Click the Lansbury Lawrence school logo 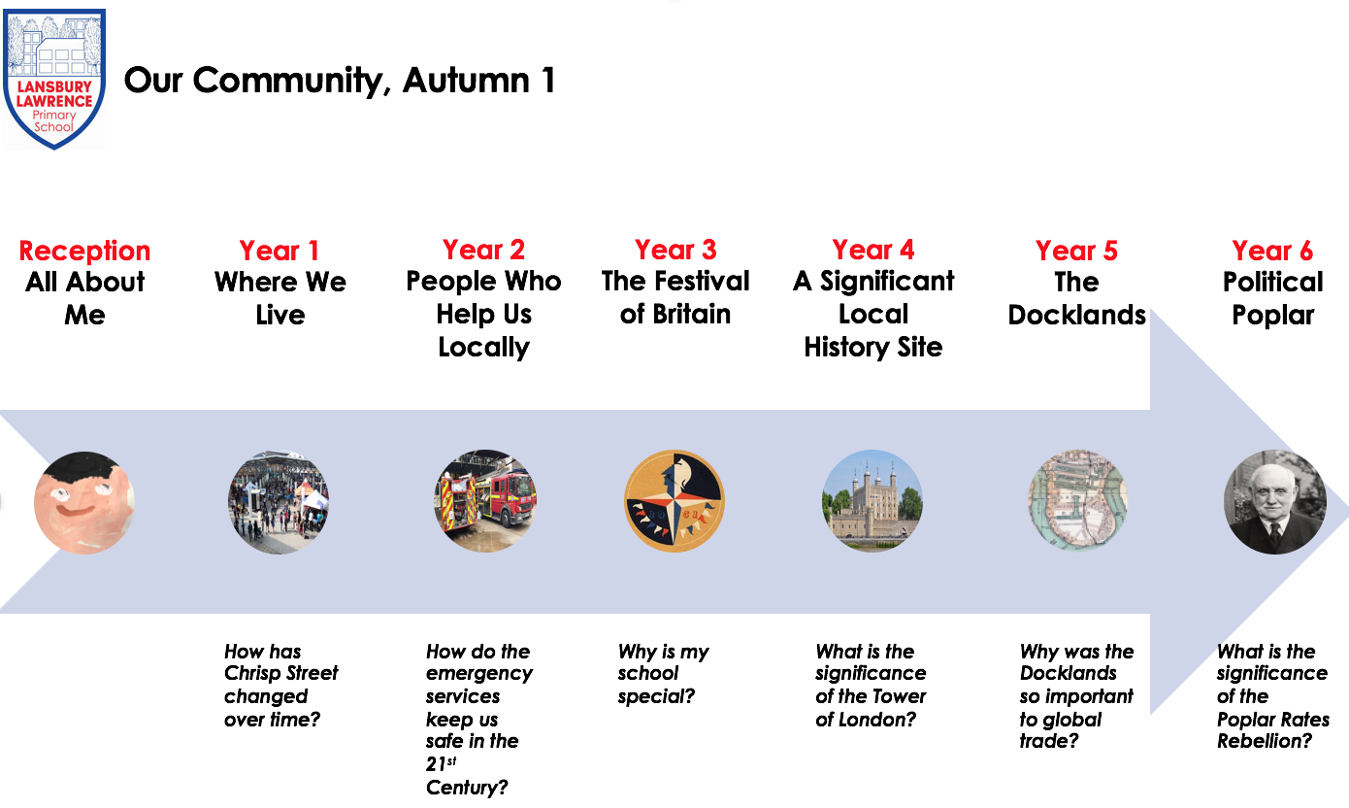[54, 79]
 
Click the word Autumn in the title [467, 81]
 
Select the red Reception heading [84, 252]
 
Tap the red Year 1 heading [279, 251]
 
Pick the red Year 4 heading [873, 250]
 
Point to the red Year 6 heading [1272, 251]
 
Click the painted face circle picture [84, 502]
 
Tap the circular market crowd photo [279, 502]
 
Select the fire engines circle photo [485, 501]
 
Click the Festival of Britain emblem [674, 501]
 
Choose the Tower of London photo [872, 500]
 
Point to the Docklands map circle [1077, 500]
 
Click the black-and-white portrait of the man [1275, 502]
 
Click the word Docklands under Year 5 [1077, 315]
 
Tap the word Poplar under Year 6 [1272, 316]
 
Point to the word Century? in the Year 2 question [467, 787]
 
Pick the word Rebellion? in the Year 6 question [1265, 741]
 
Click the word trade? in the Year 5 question [1048, 741]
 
